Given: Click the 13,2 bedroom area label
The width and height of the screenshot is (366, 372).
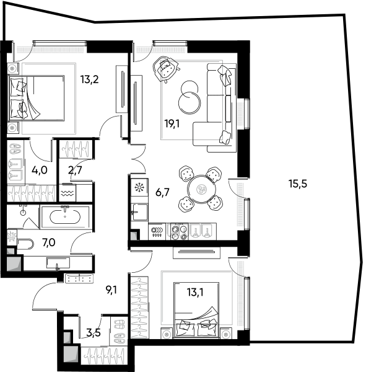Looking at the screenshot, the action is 89,79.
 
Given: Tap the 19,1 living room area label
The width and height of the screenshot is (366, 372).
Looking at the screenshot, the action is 172,123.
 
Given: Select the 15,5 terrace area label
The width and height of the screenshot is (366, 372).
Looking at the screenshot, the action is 298,184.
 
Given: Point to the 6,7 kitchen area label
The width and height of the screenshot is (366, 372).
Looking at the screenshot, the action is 162,192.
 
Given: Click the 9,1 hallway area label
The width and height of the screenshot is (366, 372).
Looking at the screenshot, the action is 111,290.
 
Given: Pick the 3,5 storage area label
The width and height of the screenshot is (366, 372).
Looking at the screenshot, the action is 94,332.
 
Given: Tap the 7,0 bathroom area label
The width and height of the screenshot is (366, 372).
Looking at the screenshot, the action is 48,242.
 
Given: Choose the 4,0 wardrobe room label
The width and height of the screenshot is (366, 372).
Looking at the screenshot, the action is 40,170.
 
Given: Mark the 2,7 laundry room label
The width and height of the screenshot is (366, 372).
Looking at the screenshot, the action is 75,170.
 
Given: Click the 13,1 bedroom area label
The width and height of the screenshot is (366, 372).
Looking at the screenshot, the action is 195,292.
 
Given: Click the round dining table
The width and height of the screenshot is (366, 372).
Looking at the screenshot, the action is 201,189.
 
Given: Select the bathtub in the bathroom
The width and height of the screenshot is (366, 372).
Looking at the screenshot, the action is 65,217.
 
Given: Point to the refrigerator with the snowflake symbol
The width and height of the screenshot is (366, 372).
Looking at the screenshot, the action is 139,187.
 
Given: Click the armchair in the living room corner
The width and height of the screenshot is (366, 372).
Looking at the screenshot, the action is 165,69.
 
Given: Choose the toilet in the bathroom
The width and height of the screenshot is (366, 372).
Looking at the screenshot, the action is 25,244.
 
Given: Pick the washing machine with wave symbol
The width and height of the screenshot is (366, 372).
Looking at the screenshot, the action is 68,193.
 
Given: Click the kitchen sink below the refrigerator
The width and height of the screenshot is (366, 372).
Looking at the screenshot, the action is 139,212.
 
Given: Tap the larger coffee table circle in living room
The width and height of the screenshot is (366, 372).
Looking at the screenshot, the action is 190,103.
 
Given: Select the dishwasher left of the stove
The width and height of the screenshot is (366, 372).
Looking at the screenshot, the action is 157,231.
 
